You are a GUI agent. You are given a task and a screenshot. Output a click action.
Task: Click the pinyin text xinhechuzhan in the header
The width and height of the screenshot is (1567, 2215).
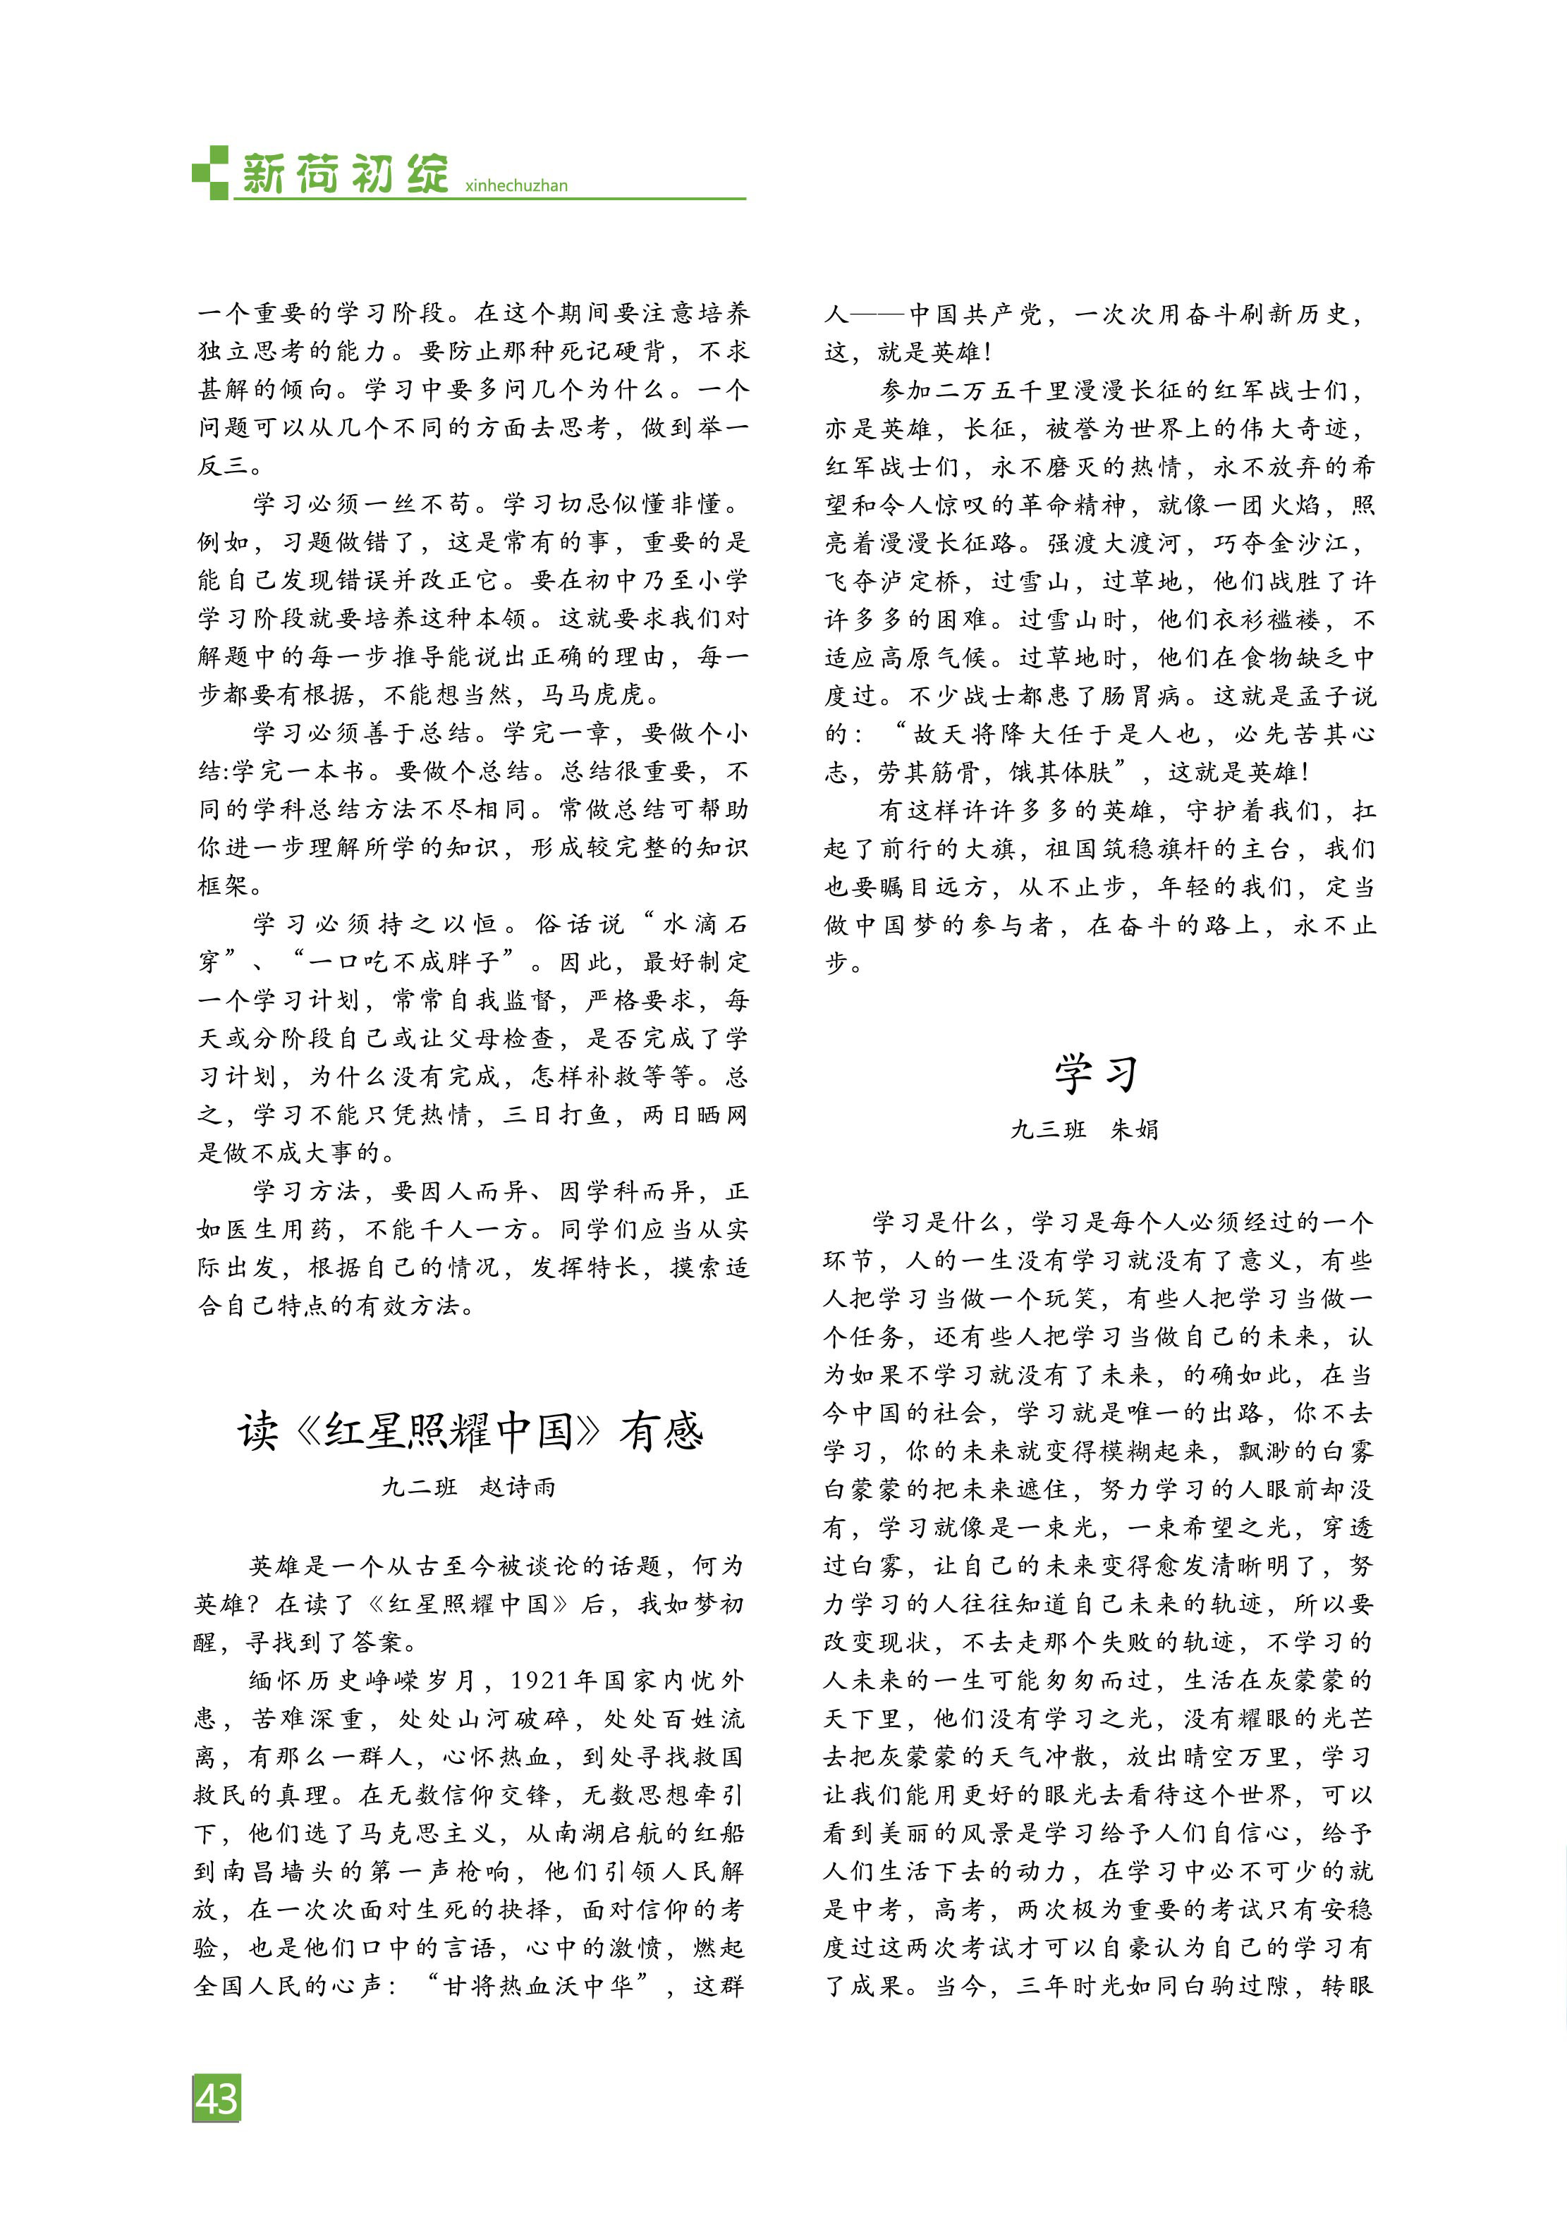click(x=516, y=186)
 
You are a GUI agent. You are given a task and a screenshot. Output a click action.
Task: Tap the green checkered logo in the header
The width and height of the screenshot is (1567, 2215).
click(x=210, y=173)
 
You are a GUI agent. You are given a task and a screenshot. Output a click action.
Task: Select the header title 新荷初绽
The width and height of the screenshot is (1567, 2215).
click(x=344, y=173)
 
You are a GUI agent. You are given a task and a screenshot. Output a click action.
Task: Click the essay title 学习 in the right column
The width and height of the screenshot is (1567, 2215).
click(x=1096, y=1073)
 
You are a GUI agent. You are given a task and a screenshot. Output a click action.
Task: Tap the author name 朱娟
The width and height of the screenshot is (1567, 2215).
click(x=1134, y=1129)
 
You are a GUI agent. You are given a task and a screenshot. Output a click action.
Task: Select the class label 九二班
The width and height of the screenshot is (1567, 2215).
click(x=420, y=1487)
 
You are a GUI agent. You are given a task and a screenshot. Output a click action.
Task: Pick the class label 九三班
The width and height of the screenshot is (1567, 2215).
click(x=1048, y=1129)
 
